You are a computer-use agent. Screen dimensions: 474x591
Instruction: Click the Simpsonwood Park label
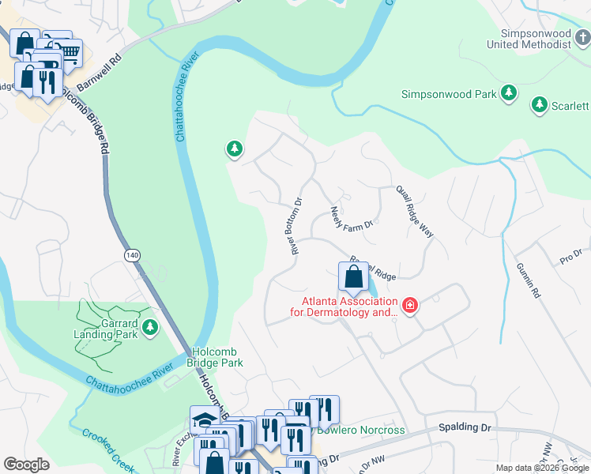pos(448,94)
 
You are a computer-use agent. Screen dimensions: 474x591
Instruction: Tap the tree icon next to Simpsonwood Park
pos(510,94)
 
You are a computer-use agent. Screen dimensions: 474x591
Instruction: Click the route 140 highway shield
pos(132,255)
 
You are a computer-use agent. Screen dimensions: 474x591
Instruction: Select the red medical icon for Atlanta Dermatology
pos(409,305)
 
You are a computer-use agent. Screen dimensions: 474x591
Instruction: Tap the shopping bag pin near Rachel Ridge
pos(352,276)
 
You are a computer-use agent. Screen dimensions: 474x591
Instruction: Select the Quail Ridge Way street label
pos(415,212)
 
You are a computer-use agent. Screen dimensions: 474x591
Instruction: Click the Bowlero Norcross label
pos(361,431)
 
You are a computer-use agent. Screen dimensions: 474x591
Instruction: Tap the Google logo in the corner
pos(26,465)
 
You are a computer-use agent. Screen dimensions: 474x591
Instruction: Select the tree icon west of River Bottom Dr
pos(234,148)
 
